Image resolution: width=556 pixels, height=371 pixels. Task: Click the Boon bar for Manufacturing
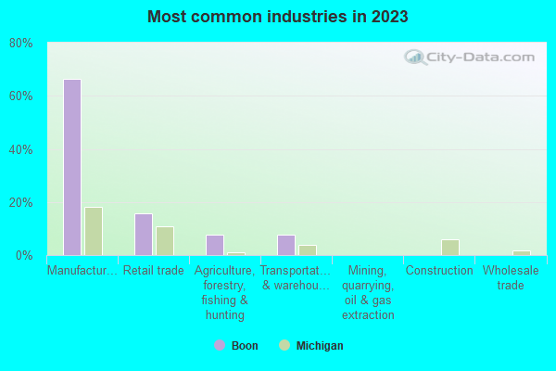pyautogui.click(x=71, y=167)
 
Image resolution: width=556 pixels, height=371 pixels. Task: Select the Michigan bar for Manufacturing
pyautogui.click(x=94, y=231)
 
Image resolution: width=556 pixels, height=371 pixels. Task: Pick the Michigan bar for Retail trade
pyautogui.click(x=165, y=241)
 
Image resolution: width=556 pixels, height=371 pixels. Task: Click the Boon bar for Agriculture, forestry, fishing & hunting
pyautogui.click(x=215, y=245)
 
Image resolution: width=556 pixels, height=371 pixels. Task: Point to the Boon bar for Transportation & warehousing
pyautogui.click(x=286, y=245)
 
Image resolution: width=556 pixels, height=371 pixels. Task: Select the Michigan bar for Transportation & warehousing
pyautogui.click(x=308, y=250)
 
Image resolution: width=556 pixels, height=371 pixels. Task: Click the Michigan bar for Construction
pyautogui.click(x=450, y=248)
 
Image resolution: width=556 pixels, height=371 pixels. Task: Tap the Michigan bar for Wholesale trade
pyautogui.click(x=522, y=253)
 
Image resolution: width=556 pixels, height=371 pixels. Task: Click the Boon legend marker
pyautogui.click(x=220, y=345)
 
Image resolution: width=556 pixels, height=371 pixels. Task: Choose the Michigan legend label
pyautogui.click(x=319, y=346)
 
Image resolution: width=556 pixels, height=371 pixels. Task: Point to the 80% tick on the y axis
pyautogui.click(x=21, y=43)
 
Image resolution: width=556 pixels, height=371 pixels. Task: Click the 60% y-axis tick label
pyautogui.click(x=21, y=96)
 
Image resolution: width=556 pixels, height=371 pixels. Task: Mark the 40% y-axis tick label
pyautogui.click(x=21, y=149)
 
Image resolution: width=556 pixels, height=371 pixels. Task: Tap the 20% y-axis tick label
pyautogui.click(x=21, y=202)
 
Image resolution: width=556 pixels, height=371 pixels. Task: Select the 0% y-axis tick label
pyautogui.click(x=24, y=255)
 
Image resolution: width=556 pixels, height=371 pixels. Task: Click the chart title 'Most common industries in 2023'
pyautogui.click(x=278, y=17)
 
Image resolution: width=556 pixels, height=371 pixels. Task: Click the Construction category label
pyautogui.click(x=439, y=271)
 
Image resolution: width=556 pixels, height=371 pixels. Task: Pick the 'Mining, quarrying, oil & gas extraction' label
pyautogui.click(x=368, y=292)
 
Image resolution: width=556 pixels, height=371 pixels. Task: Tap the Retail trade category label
pyautogui.click(x=154, y=271)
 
